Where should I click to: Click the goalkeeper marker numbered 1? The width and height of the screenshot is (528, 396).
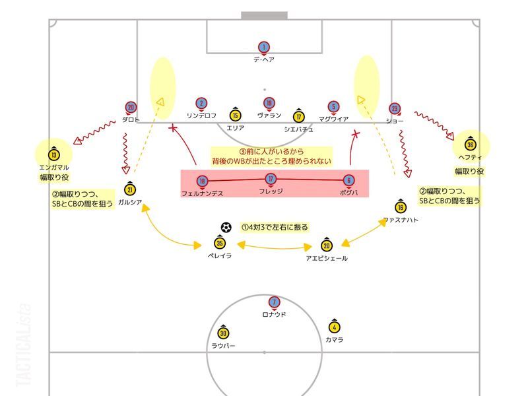(x=264, y=48)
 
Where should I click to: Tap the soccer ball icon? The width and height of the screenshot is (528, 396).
(x=226, y=228)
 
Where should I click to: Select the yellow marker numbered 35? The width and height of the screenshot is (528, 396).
(x=220, y=243)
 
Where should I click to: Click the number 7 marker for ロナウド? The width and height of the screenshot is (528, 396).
(x=274, y=302)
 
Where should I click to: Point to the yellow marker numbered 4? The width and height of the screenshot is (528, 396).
(x=334, y=327)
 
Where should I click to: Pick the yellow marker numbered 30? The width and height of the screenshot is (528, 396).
(x=223, y=333)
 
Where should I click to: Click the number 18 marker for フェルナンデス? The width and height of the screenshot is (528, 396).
(x=202, y=181)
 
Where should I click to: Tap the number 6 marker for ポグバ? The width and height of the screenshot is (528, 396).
(x=349, y=180)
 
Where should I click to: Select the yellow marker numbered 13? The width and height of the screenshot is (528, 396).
(x=54, y=154)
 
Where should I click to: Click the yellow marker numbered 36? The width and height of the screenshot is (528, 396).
(x=471, y=145)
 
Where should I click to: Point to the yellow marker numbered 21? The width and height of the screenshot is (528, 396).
(x=130, y=189)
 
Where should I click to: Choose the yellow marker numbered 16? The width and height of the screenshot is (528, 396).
(x=401, y=207)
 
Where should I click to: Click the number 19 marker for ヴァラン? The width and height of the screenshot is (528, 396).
(x=269, y=104)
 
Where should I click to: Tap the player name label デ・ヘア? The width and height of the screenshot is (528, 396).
(x=264, y=59)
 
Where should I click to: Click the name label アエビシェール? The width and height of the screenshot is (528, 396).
(x=327, y=258)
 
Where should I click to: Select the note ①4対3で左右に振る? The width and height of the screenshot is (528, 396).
(x=275, y=227)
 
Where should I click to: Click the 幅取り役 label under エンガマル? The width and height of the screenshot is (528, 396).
(x=54, y=177)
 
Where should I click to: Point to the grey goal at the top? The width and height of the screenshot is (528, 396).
(x=265, y=16)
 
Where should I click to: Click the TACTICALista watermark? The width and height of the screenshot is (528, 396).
(x=24, y=345)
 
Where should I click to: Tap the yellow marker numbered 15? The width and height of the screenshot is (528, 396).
(x=236, y=115)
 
